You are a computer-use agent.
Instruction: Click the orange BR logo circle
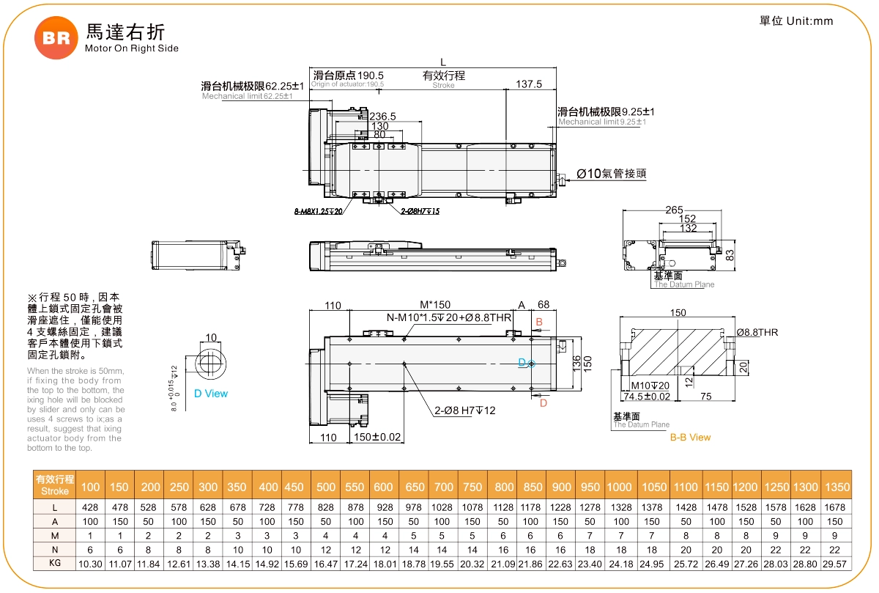pos(56,37)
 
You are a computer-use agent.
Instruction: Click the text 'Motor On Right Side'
pos(132,48)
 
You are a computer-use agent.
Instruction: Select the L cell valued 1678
pos(837,507)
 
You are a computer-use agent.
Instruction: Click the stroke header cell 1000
pos(619,487)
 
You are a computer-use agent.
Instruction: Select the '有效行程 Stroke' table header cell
pos(55,485)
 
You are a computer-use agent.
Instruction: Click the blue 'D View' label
pos(211,394)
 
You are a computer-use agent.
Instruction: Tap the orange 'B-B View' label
pos(690,437)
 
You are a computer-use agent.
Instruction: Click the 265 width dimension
pos(674,210)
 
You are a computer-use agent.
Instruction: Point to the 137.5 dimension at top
pos(529,84)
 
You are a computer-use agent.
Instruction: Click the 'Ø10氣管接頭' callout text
pos(611,174)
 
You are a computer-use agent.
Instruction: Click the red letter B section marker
pos(539,322)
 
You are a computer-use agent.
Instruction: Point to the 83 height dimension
pos(730,255)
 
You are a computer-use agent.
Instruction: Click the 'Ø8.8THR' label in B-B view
pos(757,332)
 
